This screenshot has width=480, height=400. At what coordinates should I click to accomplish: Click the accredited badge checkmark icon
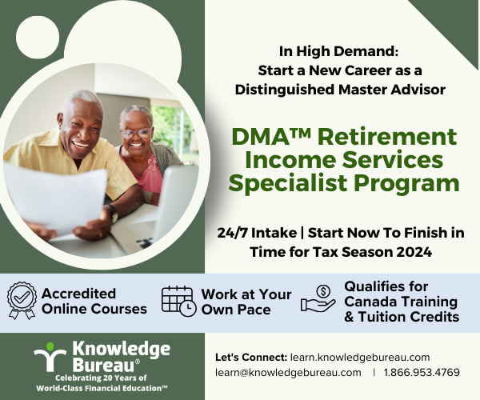coord(22,300)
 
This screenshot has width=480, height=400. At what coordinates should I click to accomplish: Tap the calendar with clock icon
coord(178,301)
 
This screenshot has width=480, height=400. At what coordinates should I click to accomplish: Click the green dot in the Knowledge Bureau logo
coord(50,346)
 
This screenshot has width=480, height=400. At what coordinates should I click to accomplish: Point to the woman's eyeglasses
coord(136,133)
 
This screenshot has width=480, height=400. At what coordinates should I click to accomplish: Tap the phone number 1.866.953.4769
coord(422,373)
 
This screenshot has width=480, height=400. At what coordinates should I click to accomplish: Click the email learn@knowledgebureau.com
coord(288,373)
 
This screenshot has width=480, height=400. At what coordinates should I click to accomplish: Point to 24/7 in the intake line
coord(234,233)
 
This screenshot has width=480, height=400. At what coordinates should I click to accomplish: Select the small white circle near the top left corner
coord(38,37)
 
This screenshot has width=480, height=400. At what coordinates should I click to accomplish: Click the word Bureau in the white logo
coord(103,364)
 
